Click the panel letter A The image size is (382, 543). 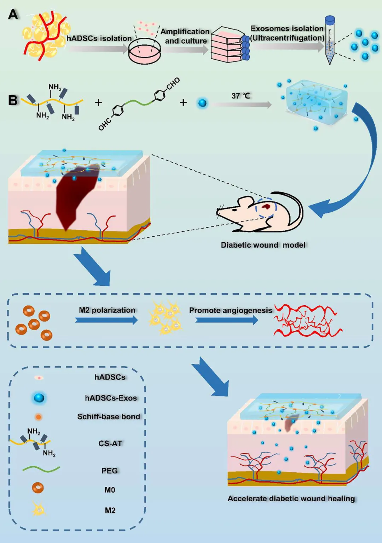click(x=13, y=15)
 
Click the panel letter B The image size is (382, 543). click(x=13, y=100)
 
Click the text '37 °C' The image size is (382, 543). click(x=241, y=96)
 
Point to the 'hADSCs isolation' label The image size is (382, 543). click(x=99, y=38)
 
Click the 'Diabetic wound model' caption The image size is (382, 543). click(x=263, y=245)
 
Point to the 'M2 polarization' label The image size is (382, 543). click(x=107, y=310)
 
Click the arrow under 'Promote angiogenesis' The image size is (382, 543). click(x=227, y=320)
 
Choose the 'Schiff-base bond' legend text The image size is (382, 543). click(x=109, y=417)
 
